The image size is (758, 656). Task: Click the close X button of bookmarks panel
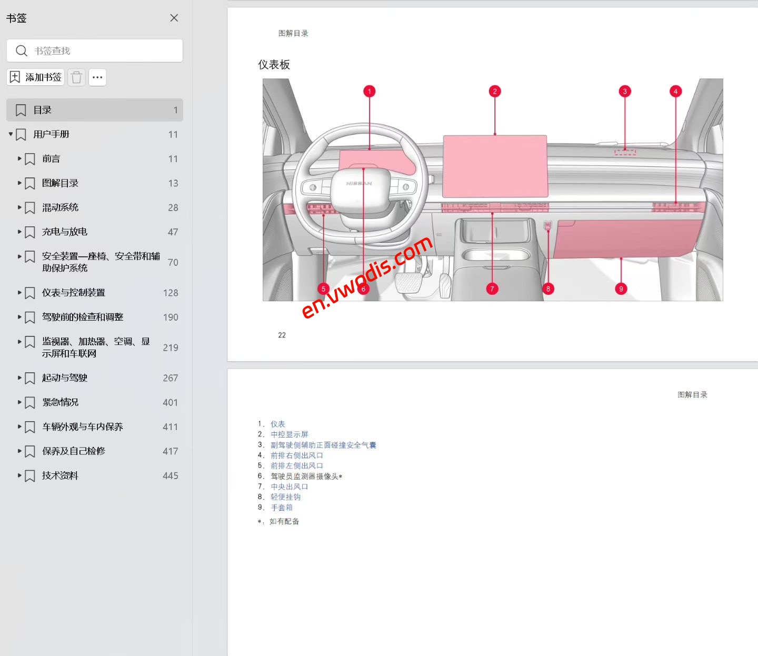pyautogui.click(x=174, y=18)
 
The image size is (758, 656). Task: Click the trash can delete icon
pyautogui.click(x=76, y=77)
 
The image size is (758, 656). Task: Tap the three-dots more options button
pyautogui.click(x=97, y=77)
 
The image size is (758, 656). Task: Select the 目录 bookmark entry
pyautogui.click(x=95, y=110)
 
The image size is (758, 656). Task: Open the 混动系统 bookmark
pyautogui.click(x=60, y=207)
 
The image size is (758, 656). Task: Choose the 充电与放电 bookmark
pyautogui.click(x=64, y=232)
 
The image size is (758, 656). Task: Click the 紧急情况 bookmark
pyautogui.click(x=60, y=402)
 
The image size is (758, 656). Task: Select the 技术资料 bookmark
pyautogui.click(x=60, y=475)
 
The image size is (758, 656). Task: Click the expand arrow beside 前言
pyautogui.click(x=19, y=158)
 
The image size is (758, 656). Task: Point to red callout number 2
pyautogui.click(x=494, y=92)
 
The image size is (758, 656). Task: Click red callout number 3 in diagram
pyautogui.click(x=625, y=92)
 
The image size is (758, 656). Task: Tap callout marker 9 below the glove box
pyautogui.click(x=621, y=289)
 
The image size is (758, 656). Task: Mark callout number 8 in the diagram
pyautogui.click(x=548, y=289)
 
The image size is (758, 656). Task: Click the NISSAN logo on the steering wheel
pyautogui.click(x=359, y=184)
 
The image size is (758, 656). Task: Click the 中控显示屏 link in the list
pyautogui.click(x=290, y=434)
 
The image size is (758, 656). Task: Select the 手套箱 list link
pyautogui.click(x=282, y=508)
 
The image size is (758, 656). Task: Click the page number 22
pyautogui.click(x=282, y=335)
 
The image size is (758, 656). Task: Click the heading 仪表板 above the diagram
pyautogui.click(x=274, y=65)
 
